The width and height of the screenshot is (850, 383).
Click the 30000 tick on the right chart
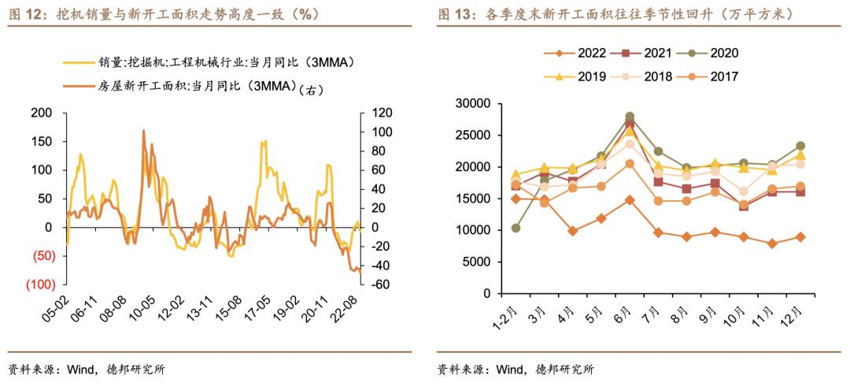tap(474, 103)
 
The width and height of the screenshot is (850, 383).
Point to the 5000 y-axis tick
tap(477, 262)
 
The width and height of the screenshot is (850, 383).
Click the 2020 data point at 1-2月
tap(516, 228)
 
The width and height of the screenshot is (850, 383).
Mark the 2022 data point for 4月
tap(573, 231)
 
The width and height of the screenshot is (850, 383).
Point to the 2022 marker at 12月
tap(800, 236)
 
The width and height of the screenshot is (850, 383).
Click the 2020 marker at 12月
tap(800, 146)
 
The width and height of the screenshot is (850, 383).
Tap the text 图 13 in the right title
tap(454, 14)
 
